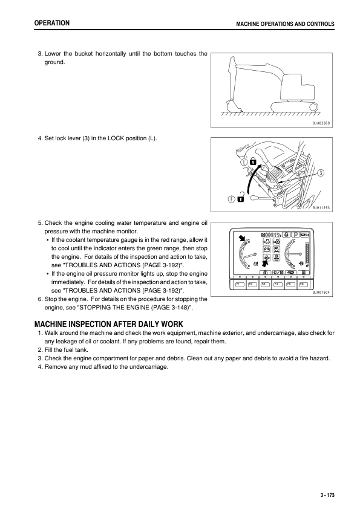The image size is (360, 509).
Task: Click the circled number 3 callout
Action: coord(321,172)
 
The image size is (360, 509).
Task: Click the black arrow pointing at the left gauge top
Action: coord(243,238)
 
